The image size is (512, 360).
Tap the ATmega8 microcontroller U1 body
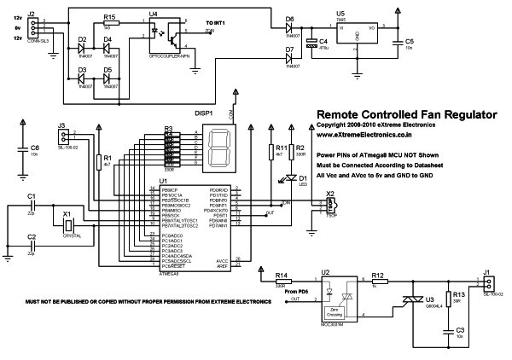click(x=195, y=229)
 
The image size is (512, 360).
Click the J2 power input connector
click(x=32, y=26)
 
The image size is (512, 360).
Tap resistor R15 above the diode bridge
click(x=108, y=26)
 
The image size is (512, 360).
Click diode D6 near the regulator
click(x=289, y=26)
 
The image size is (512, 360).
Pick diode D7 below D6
click(x=289, y=56)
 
